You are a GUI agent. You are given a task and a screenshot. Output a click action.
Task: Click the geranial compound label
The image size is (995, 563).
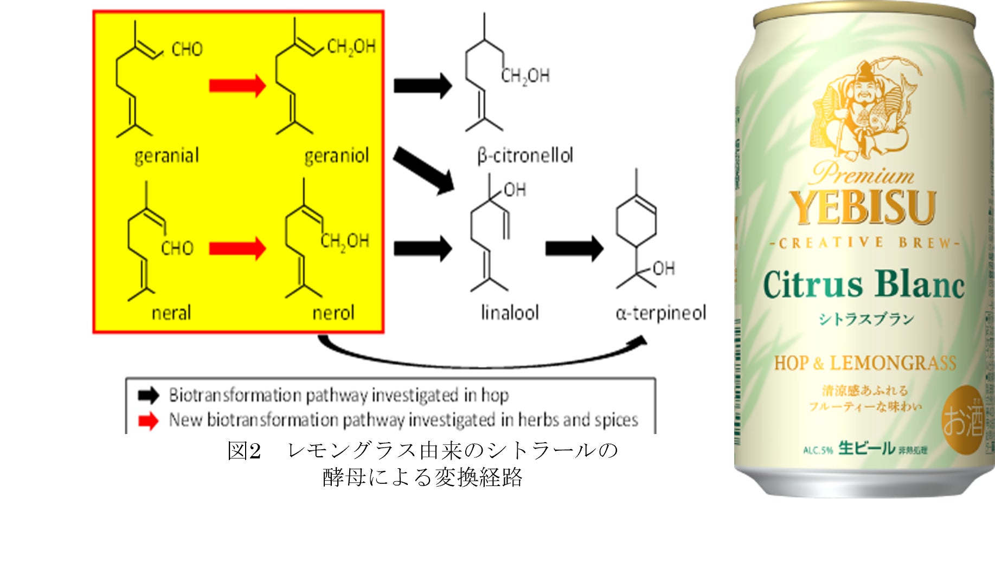(x=166, y=156)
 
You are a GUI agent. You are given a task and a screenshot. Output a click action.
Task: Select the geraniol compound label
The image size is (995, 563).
(x=336, y=156)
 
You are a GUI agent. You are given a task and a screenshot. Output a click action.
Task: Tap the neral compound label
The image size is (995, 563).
(x=171, y=313)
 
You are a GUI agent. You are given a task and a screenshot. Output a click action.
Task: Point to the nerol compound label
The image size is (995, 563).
(x=333, y=313)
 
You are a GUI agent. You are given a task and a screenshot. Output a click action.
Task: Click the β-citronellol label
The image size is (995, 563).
(x=525, y=156)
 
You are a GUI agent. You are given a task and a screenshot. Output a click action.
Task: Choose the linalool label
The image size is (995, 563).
(x=510, y=313)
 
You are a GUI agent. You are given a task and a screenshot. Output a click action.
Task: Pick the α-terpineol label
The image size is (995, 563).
(x=660, y=313)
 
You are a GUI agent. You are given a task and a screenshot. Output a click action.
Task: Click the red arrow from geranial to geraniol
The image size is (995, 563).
(x=237, y=86)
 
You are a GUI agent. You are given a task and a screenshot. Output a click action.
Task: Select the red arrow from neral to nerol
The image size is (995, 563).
(x=237, y=248)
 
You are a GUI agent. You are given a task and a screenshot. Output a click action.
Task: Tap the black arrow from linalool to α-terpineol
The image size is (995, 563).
(x=574, y=248)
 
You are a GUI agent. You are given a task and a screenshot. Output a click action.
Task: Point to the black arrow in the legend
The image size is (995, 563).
(x=148, y=396)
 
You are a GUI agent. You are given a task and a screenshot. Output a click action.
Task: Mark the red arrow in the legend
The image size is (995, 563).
(x=148, y=420)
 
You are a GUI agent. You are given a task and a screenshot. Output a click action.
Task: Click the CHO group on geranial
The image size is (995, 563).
(x=187, y=49)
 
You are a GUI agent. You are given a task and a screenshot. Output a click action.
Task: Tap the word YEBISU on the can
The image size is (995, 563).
(x=862, y=208)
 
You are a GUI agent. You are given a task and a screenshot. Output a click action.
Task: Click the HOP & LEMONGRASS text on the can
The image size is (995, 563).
(x=865, y=363)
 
